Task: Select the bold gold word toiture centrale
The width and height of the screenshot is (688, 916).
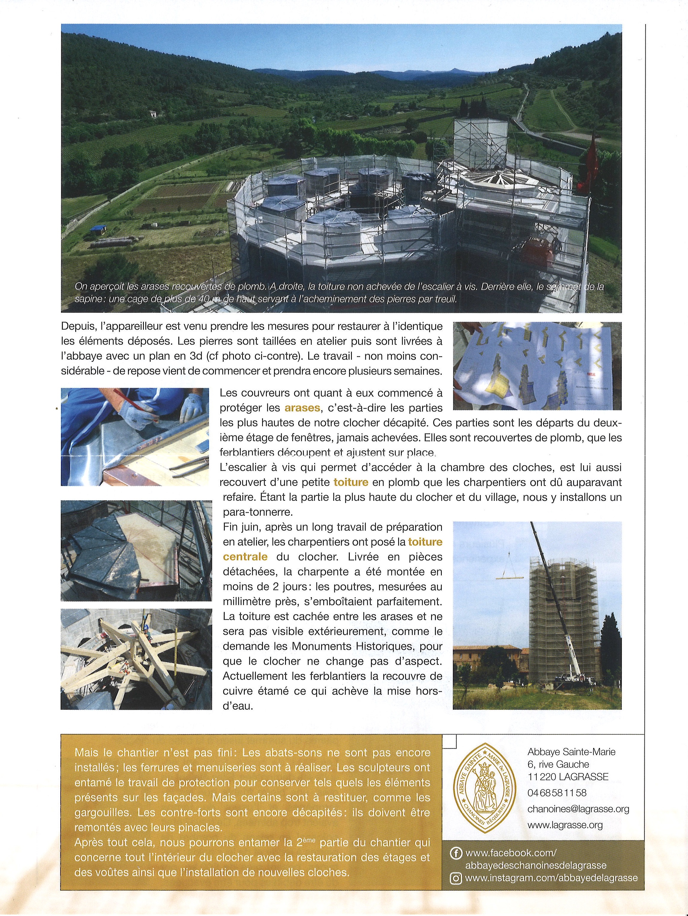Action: pyautogui.click(x=425, y=542)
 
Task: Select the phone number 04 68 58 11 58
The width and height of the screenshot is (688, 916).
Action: pyautogui.click(x=557, y=793)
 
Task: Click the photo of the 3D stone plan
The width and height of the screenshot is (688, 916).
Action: pyautogui.click(x=537, y=365)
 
